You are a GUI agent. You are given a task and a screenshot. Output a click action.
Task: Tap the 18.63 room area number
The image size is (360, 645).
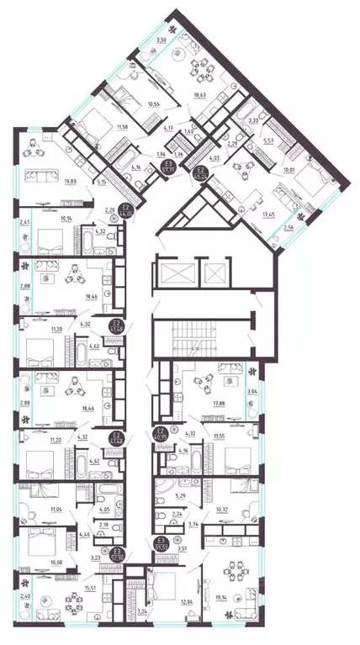point(200,98)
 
